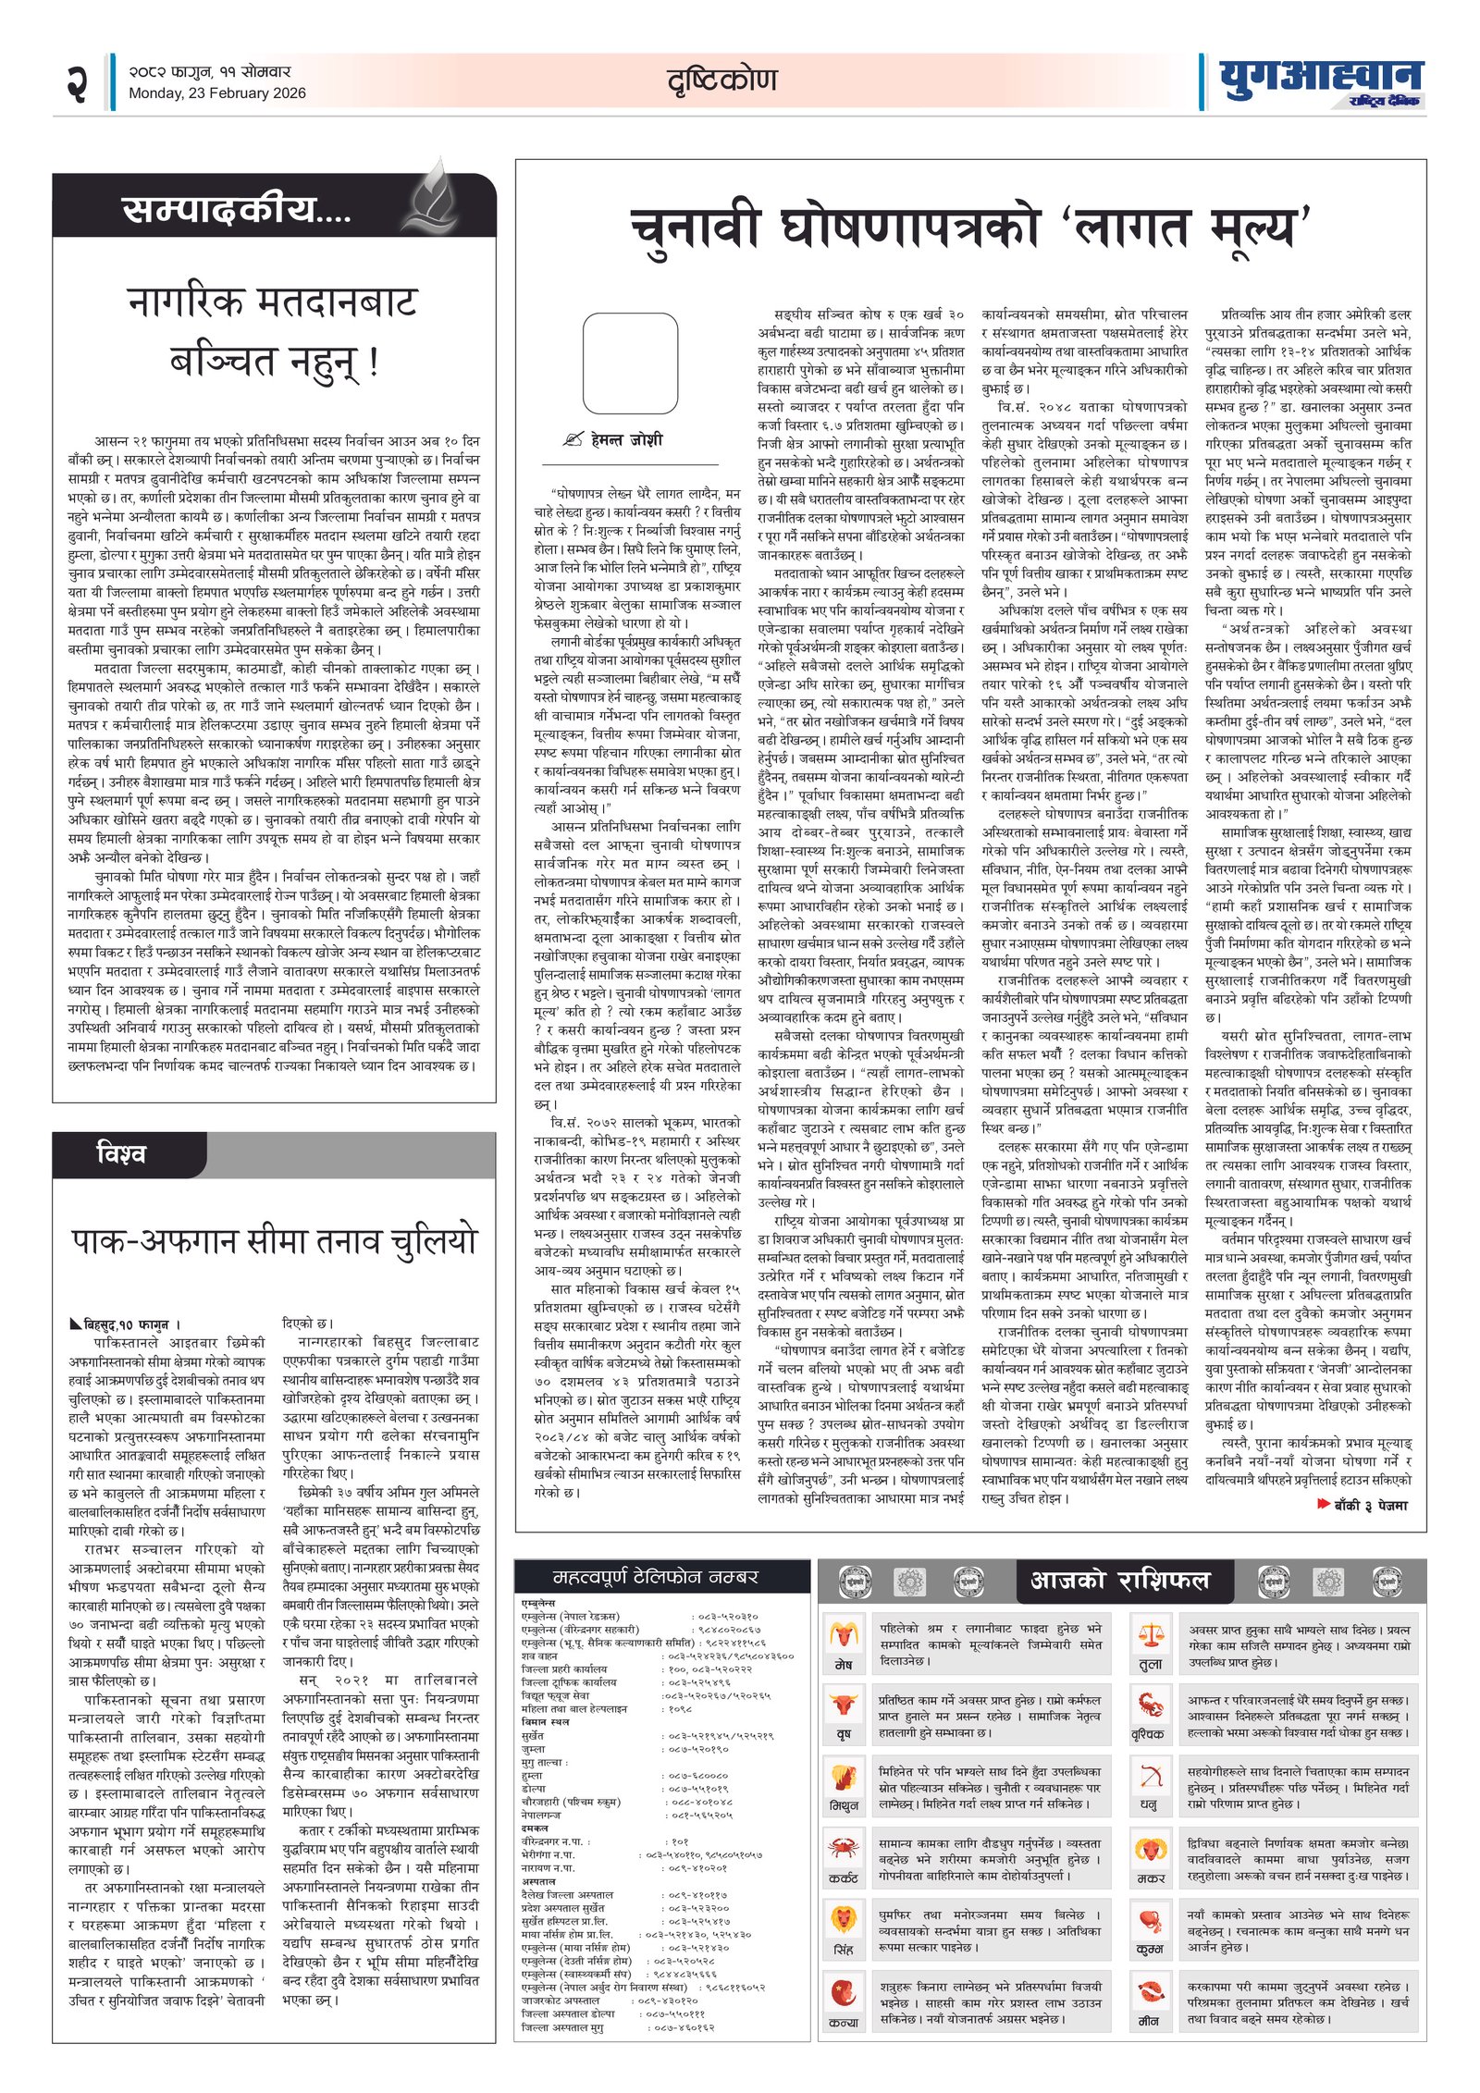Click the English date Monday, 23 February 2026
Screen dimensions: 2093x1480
click(216, 93)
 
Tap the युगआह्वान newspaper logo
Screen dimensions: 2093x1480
click(1320, 81)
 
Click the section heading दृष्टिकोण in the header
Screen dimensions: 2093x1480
click(721, 80)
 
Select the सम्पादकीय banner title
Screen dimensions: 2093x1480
click(237, 210)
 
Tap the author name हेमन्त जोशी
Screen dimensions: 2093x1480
click(626, 440)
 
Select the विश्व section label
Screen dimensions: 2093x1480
click(121, 1154)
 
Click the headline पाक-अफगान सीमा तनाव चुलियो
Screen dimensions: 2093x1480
click(274, 1242)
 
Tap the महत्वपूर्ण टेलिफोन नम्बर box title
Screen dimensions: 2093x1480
click(655, 1577)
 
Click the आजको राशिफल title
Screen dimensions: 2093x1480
click(1120, 1580)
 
